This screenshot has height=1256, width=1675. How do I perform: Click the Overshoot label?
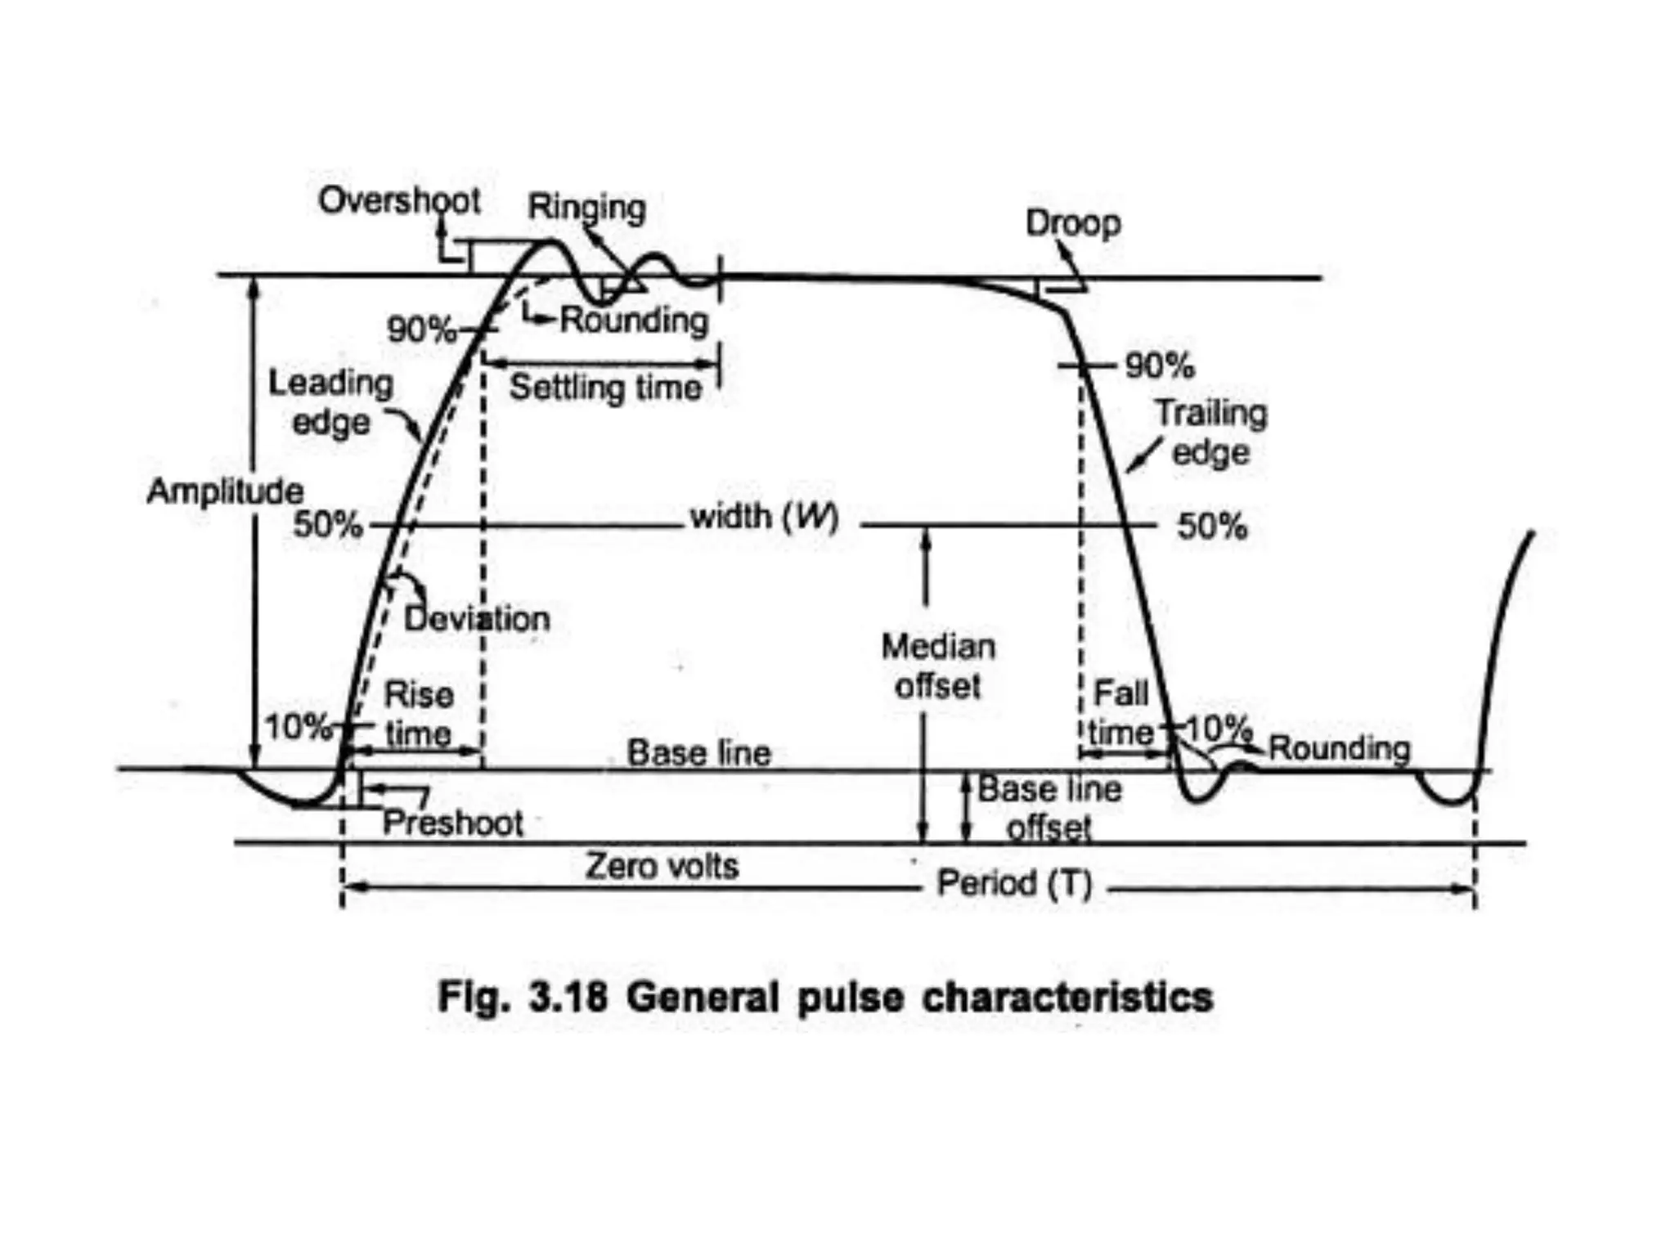point(399,200)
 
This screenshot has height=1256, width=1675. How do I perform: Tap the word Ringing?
point(586,207)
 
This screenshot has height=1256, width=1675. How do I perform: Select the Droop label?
point(1072,223)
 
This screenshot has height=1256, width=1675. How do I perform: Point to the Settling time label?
point(605,388)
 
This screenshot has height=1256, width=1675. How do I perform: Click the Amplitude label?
point(225,491)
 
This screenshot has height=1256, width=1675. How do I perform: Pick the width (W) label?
point(764,517)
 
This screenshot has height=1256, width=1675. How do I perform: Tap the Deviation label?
point(477,618)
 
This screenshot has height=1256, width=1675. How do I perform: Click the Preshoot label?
point(452,823)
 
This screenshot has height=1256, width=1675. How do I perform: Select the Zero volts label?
point(662,866)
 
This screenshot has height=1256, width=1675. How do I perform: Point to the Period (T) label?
point(1014,883)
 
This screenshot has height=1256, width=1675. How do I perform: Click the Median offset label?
point(938,666)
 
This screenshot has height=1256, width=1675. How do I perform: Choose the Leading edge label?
point(330,402)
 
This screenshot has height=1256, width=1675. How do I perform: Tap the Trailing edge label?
point(1210,433)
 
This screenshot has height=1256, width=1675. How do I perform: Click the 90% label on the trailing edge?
point(1159,366)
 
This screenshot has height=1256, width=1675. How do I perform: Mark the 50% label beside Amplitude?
point(327,524)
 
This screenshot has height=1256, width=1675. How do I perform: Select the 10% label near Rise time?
point(297,726)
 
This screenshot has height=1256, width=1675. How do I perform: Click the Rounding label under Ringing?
point(634,320)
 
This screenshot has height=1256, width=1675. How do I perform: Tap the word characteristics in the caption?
point(1067,998)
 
